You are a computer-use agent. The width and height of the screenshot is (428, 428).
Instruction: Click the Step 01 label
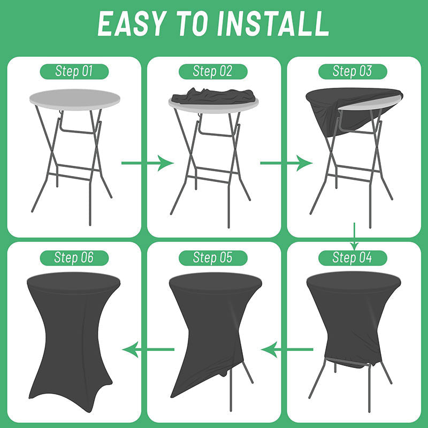74,72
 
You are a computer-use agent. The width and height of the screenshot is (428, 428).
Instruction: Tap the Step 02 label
213,72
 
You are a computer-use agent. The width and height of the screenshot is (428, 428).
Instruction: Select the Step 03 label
353,72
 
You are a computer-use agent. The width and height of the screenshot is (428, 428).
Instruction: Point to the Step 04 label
353,258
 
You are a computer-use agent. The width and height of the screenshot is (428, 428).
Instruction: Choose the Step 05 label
213,258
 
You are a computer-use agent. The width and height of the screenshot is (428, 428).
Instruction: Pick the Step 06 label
74,258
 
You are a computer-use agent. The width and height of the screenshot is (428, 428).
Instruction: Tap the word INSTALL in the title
273,24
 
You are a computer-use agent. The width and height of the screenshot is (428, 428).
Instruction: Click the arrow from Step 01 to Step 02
148,163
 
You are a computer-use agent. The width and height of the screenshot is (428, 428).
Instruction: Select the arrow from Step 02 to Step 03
286,163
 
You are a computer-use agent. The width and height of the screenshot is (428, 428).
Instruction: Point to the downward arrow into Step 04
354,236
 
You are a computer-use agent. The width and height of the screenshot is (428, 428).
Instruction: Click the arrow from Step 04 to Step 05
287,349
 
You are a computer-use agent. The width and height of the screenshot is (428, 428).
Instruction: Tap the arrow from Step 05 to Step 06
148,349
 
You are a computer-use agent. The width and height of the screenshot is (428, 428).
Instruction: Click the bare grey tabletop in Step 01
75,100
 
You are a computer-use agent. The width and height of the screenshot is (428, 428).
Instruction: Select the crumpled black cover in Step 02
213,96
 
